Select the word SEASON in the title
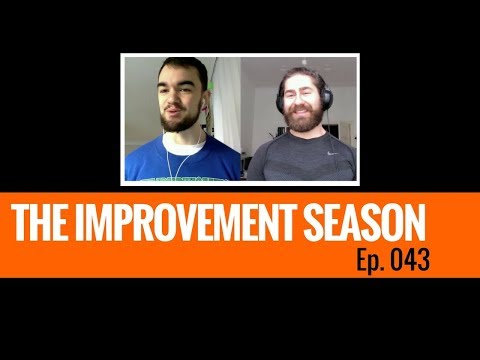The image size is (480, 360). pos(370,221)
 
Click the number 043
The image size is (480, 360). pos(410,261)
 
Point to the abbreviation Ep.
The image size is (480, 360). pos(369,262)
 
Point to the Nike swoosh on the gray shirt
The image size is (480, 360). pos(332,156)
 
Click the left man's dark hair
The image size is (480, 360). pos(180,72)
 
